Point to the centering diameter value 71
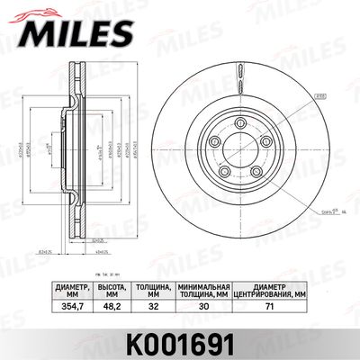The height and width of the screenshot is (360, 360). coord(270,306)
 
